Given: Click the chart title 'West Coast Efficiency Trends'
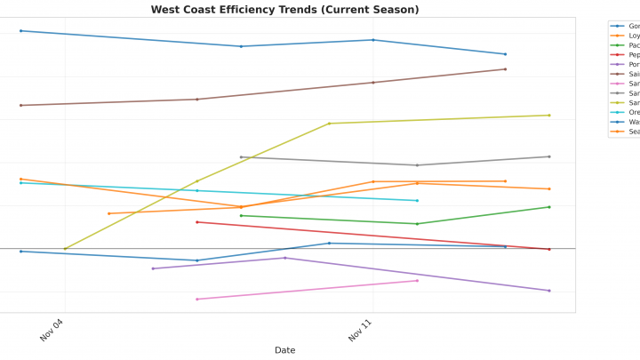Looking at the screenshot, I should point(284,10).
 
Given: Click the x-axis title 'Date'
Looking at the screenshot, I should point(284,350).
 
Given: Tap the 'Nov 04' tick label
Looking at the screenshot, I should point(52,331).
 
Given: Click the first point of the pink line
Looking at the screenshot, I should point(197,299).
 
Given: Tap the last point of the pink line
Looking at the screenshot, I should point(417,280).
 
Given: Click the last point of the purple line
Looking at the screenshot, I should point(549,291).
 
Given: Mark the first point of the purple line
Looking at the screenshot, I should point(153,268).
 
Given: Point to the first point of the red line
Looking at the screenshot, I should point(197,222).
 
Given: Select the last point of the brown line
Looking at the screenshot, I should point(505,69).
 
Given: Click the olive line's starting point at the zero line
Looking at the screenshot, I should point(65,249).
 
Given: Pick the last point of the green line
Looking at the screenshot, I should point(549,207).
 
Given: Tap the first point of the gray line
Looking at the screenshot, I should point(241,157).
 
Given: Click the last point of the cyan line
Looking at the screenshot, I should point(417,201).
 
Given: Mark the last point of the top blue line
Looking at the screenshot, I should point(505,54).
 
